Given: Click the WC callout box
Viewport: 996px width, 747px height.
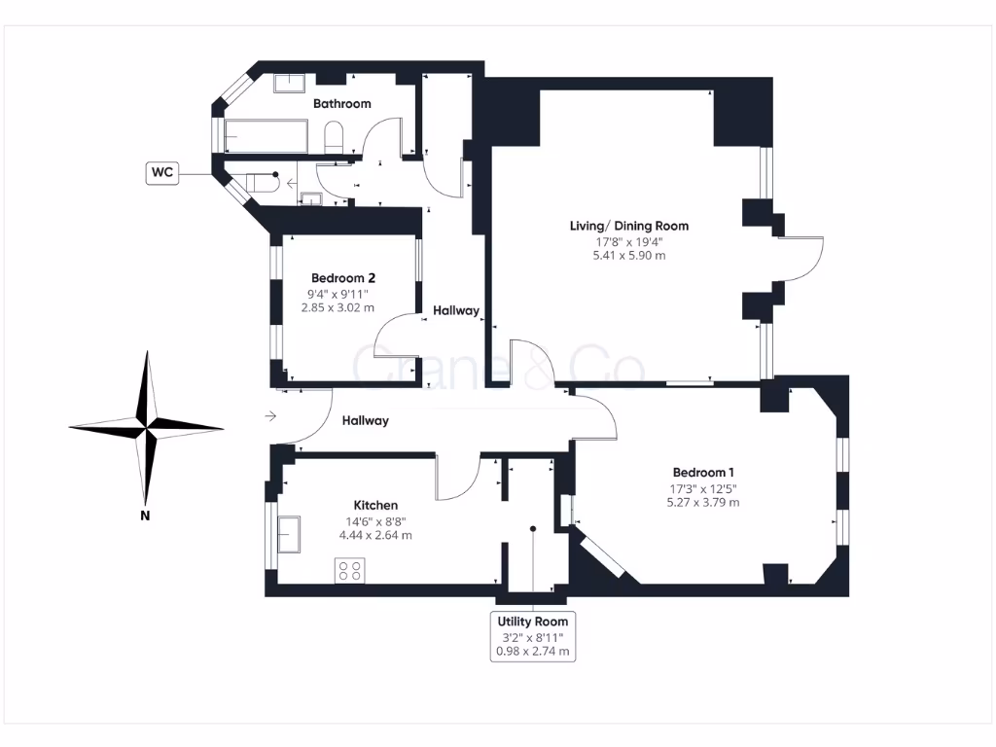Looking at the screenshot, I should click(x=162, y=173).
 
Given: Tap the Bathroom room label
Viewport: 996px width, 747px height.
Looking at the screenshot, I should click(x=341, y=103).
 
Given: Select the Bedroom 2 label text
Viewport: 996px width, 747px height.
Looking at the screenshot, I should click(x=338, y=277).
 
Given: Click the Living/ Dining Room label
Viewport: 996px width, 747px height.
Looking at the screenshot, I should click(x=628, y=226).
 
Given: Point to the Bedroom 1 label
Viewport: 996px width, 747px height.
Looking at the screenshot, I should click(x=702, y=472).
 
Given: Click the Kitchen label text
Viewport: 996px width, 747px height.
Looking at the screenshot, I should click(x=375, y=505).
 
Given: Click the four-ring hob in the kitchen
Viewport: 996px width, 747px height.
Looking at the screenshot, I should click(x=349, y=570).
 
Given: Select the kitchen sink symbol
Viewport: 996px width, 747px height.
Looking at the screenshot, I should click(x=291, y=532).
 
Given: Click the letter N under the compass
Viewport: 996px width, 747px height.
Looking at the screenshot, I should click(x=145, y=516).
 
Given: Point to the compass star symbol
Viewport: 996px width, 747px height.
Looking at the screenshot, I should click(x=146, y=425).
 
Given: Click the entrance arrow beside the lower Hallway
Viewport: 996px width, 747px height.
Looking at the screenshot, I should click(x=270, y=417).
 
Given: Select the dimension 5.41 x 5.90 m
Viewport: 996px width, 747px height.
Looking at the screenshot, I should click(x=628, y=256).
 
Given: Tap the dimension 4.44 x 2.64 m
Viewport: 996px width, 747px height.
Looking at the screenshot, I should click(x=375, y=535).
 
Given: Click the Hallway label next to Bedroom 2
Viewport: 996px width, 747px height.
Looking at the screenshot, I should click(x=456, y=311).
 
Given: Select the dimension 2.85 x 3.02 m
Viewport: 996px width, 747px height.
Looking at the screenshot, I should click(x=338, y=307).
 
